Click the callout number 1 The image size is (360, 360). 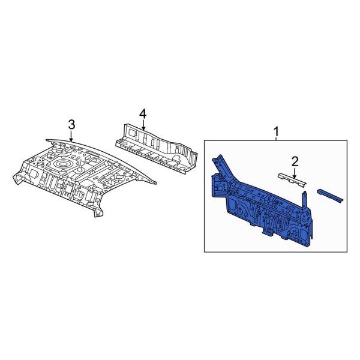(x=277, y=132)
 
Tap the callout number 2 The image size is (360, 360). (x=295, y=161)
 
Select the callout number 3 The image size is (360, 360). (x=71, y=125)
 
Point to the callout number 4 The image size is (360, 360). (x=143, y=114)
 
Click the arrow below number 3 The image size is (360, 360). (x=71, y=136)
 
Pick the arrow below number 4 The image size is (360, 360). (x=143, y=125)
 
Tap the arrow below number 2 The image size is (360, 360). (x=295, y=173)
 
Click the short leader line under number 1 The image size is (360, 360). (x=276, y=139)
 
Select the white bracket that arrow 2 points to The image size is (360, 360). (x=292, y=180)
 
